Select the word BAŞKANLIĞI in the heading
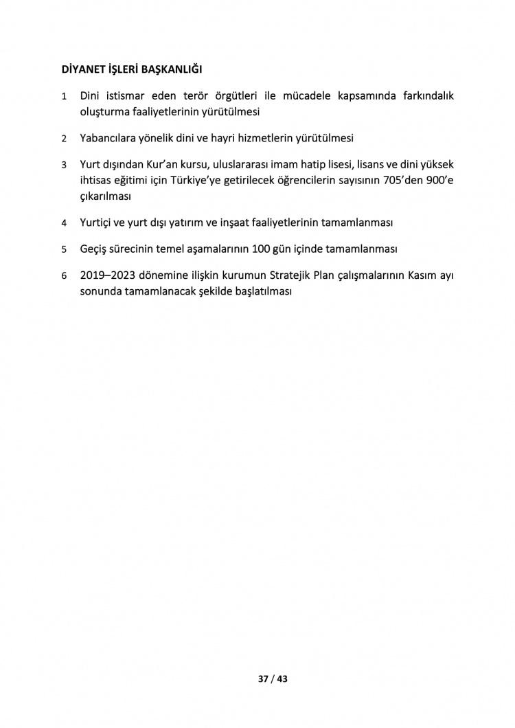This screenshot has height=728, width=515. click(x=173, y=69)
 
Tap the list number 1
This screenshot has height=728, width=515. click(x=64, y=96)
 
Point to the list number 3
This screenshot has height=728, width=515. click(x=64, y=166)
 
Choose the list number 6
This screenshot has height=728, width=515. click(x=64, y=276)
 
